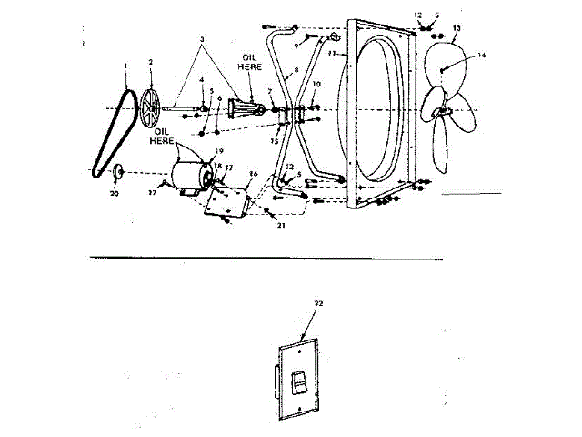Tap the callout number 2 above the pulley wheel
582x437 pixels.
coord(151,62)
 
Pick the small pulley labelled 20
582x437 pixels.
coord(118,169)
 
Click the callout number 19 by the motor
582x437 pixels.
coord(218,150)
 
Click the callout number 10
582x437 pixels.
coord(316,85)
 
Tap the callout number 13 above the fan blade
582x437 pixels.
coord(457,29)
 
